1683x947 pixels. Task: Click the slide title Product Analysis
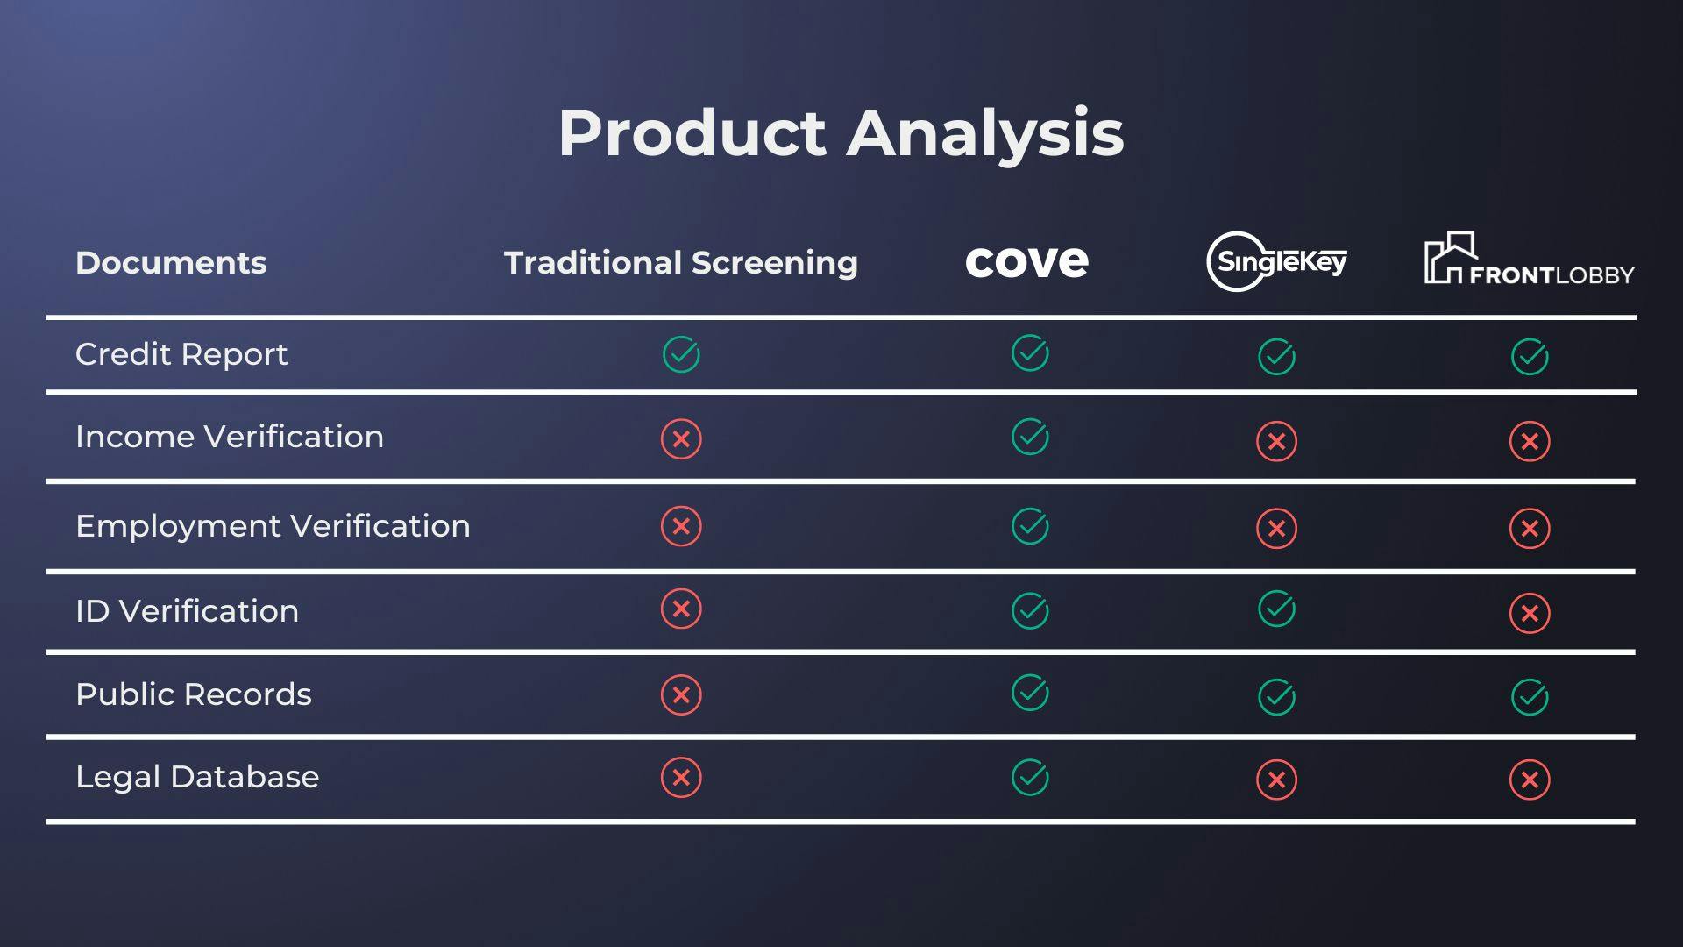[x=841, y=133]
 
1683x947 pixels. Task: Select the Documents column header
[x=171, y=263]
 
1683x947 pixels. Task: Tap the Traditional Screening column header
[x=680, y=263]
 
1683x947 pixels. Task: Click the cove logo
[x=1026, y=262]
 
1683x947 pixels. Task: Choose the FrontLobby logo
[x=1529, y=261]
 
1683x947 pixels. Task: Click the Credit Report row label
[x=181, y=354]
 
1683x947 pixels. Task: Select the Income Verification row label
[x=230, y=437]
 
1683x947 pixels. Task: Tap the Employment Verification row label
[x=273, y=526]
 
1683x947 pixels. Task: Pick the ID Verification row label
[x=187, y=611]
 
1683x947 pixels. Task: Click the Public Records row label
[x=194, y=694]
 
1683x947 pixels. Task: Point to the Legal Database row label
[x=197, y=777]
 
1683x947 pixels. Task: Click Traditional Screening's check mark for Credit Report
[x=681, y=354]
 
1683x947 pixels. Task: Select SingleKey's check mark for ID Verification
[x=1276, y=609]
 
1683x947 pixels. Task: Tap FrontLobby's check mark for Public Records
[x=1530, y=697]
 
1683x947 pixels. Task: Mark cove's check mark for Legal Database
[x=1030, y=777]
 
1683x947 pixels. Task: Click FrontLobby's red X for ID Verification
[x=1530, y=613]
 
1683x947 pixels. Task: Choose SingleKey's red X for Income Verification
[x=1276, y=441]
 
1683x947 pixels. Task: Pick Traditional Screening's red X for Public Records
[x=681, y=695]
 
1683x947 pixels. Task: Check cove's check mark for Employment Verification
[x=1030, y=526]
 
